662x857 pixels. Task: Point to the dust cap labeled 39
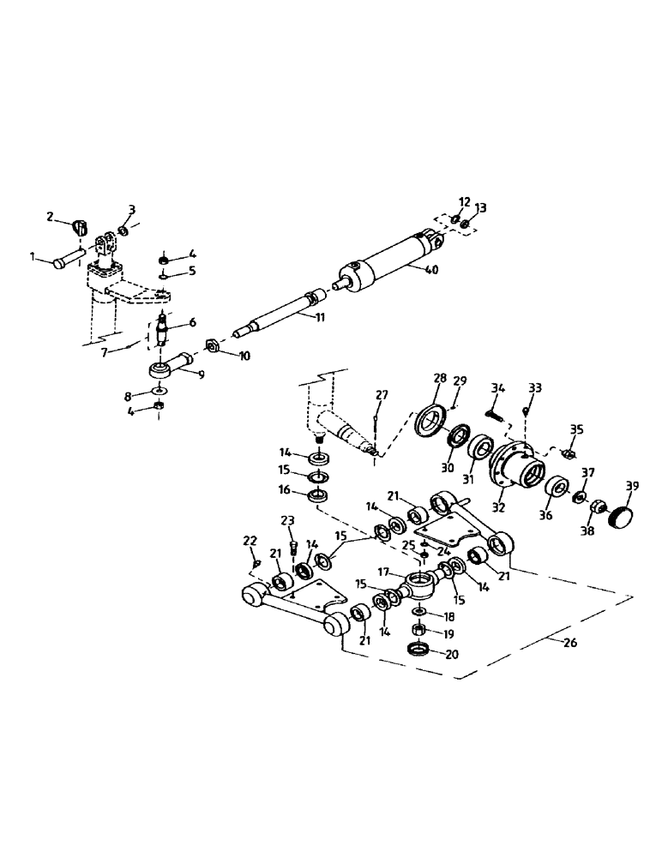(x=622, y=516)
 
